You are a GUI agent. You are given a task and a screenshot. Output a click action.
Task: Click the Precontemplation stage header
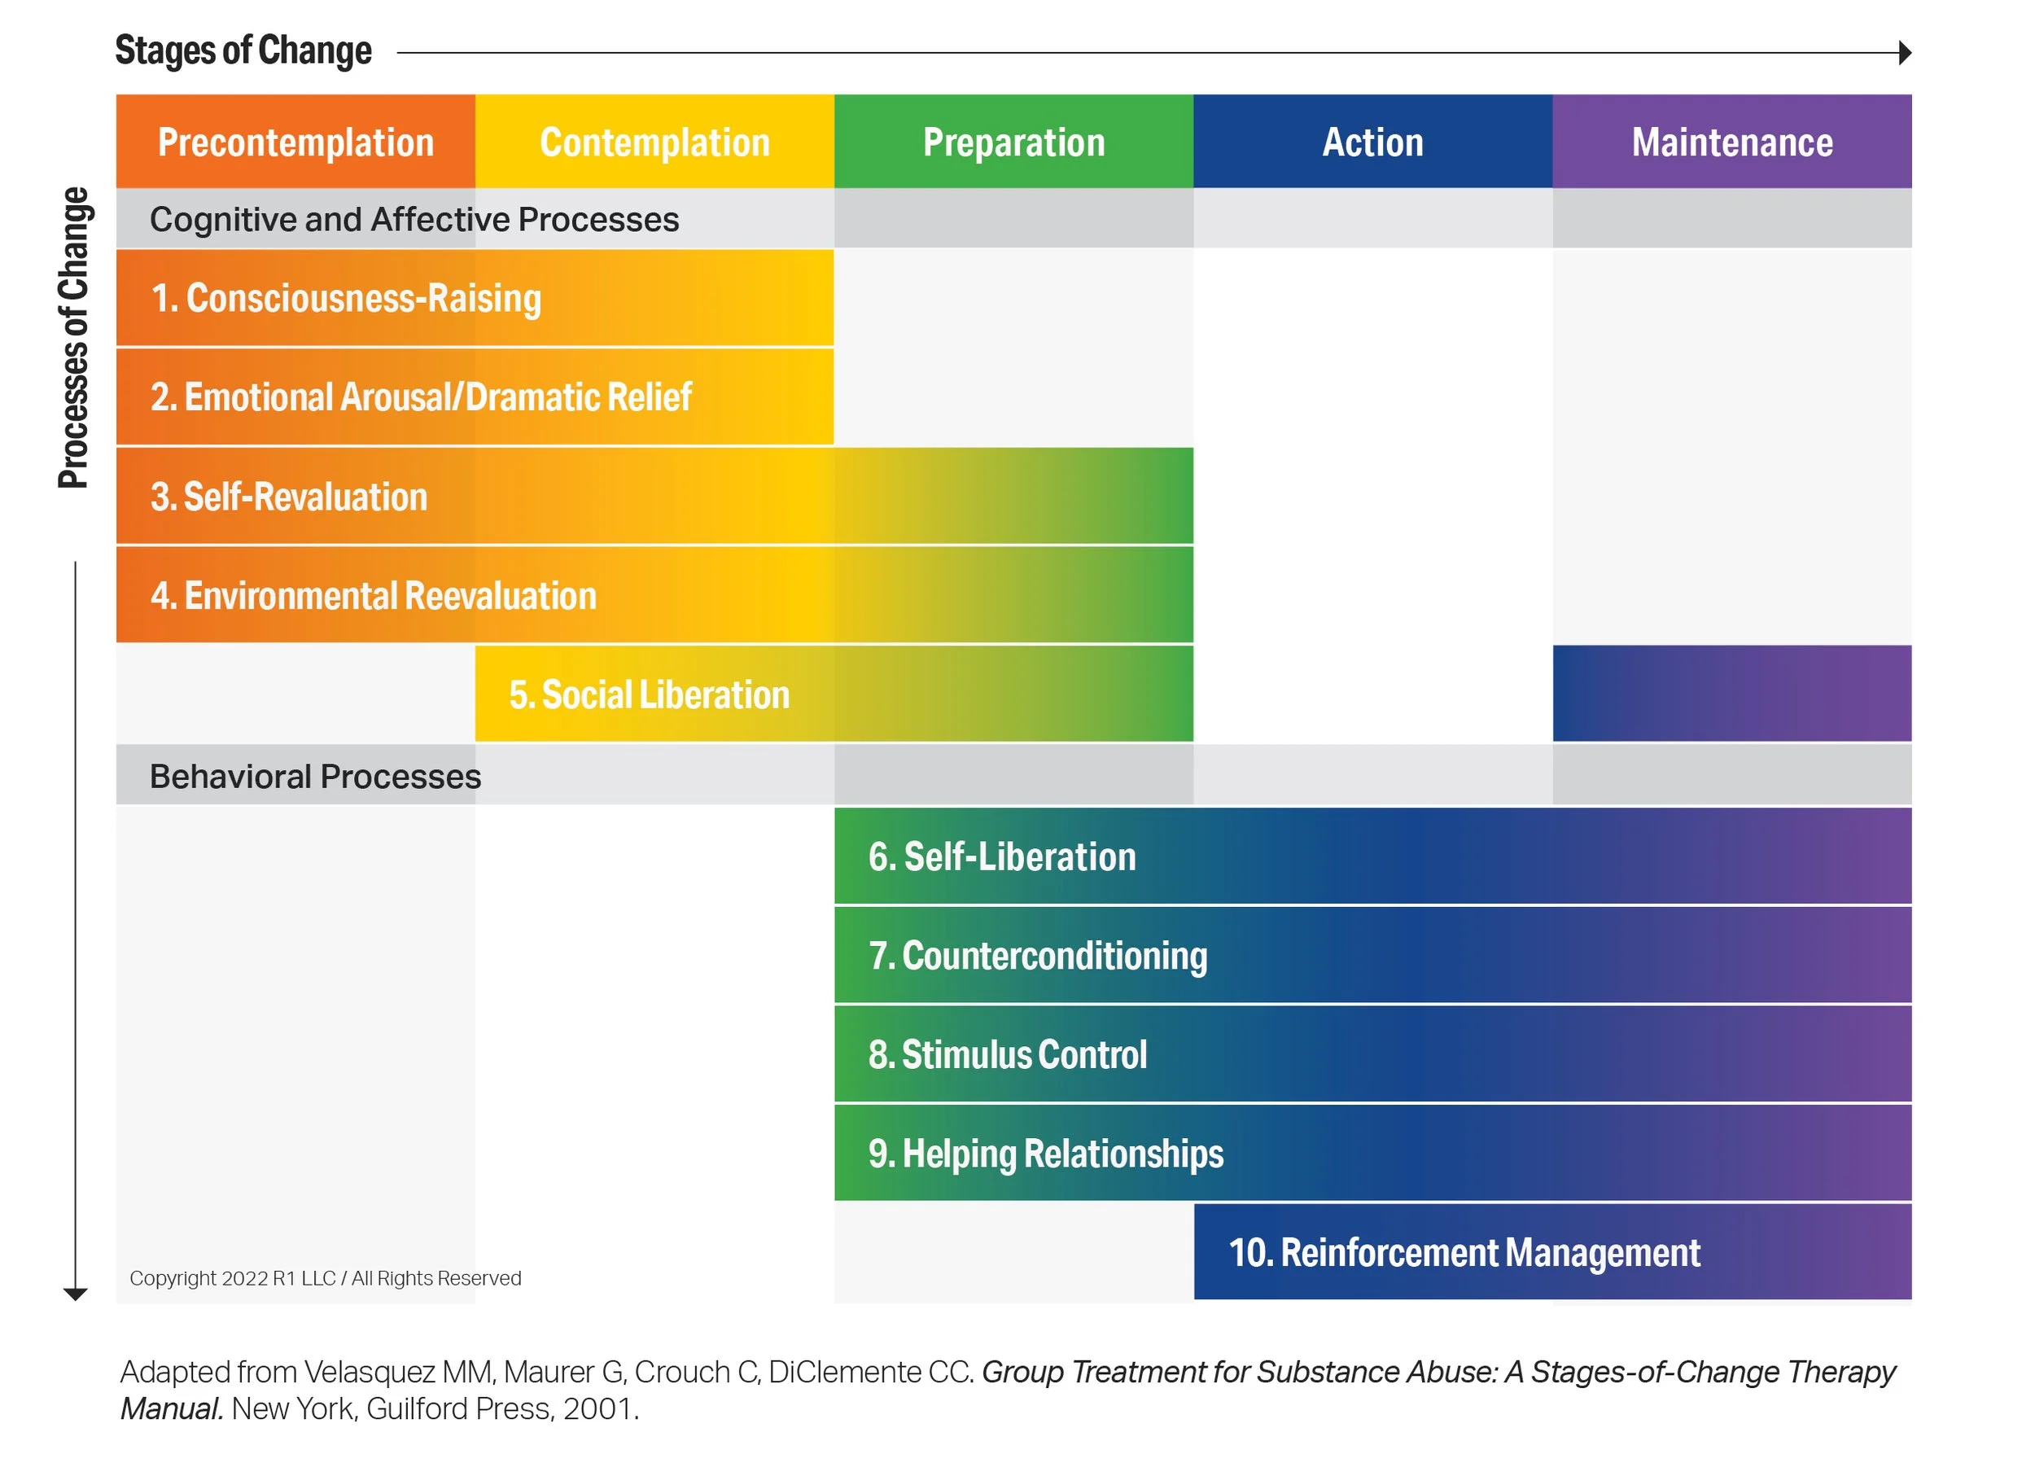(x=295, y=142)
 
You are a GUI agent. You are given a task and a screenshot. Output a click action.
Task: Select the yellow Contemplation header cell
(x=654, y=142)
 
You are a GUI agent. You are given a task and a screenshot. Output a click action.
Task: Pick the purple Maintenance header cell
(x=1731, y=142)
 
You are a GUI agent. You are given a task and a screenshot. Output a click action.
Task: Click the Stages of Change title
(x=243, y=50)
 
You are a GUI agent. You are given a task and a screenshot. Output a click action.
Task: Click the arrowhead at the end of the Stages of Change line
(x=1905, y=53)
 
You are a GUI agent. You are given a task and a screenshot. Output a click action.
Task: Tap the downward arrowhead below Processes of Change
(x=76, y=1294)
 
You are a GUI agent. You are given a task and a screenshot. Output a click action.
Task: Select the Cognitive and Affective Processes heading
(x=414, y=219)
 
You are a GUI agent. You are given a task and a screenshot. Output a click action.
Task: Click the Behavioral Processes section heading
(x=315, y=776)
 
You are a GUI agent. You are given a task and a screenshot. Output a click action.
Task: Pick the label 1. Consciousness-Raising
(x=346, y=298)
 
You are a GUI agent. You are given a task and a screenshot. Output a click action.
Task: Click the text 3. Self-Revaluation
(x=289, y=496)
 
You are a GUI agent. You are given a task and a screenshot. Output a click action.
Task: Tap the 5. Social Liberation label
(x=649, y=694)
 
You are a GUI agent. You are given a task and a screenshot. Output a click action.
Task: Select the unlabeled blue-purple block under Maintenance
(x=1731, y=693)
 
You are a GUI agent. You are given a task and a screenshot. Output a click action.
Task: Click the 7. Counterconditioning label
(x=1037, y=956)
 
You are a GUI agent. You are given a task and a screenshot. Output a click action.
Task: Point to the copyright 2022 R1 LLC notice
(x=325, y=1277)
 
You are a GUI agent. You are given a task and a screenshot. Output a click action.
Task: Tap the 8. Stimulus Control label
(x=1007, y=1054)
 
